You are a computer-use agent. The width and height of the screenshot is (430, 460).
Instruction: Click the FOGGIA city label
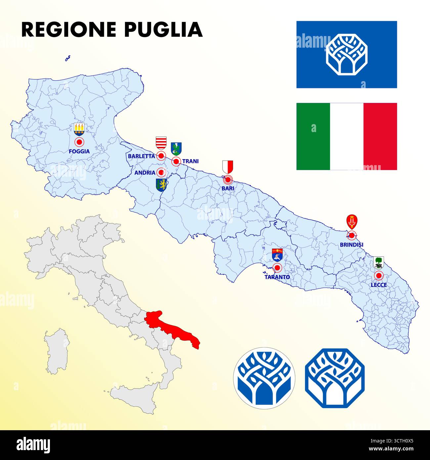coord(79,151)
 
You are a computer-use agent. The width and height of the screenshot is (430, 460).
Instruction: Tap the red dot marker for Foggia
coord(79,142)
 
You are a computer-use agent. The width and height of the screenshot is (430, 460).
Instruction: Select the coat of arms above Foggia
coord(79,129)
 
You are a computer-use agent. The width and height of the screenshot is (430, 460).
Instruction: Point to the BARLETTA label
coord(141,156)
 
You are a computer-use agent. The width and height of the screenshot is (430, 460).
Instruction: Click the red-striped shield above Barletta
coord(161,143)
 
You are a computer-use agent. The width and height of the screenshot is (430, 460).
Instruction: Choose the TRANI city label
coord(191,161)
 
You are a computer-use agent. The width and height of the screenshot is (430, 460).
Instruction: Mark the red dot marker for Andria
coord(161,172)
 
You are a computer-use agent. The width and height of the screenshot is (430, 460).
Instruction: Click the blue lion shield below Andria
coord(161,185)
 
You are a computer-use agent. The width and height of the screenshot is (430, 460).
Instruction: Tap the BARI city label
coord(228,188)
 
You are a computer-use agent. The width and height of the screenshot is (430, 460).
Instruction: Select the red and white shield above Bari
coord(228,167)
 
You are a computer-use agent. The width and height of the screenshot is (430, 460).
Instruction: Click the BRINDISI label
coord(352,245)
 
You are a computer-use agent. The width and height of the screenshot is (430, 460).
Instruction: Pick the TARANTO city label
coord(277,277)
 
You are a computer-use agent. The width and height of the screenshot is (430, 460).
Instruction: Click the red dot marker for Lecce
coord(378,275)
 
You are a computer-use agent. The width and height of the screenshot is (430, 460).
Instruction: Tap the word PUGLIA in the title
coord(163,29)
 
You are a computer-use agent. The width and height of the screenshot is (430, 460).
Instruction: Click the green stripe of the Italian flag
coord(313,136)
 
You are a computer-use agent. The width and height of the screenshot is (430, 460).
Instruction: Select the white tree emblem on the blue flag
coord(347,55)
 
